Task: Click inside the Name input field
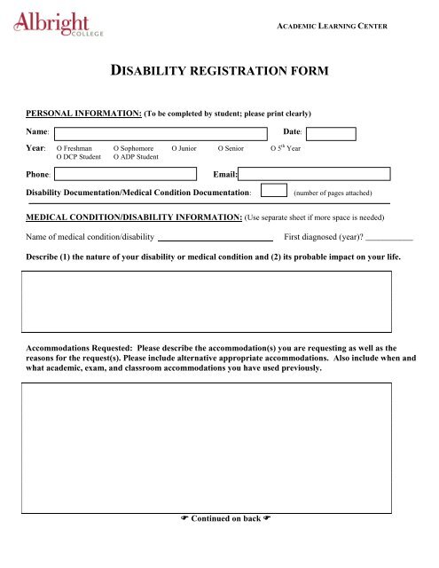[x=161, y=134]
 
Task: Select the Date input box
[x=336, y=134]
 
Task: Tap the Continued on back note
[x=218, y=518]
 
